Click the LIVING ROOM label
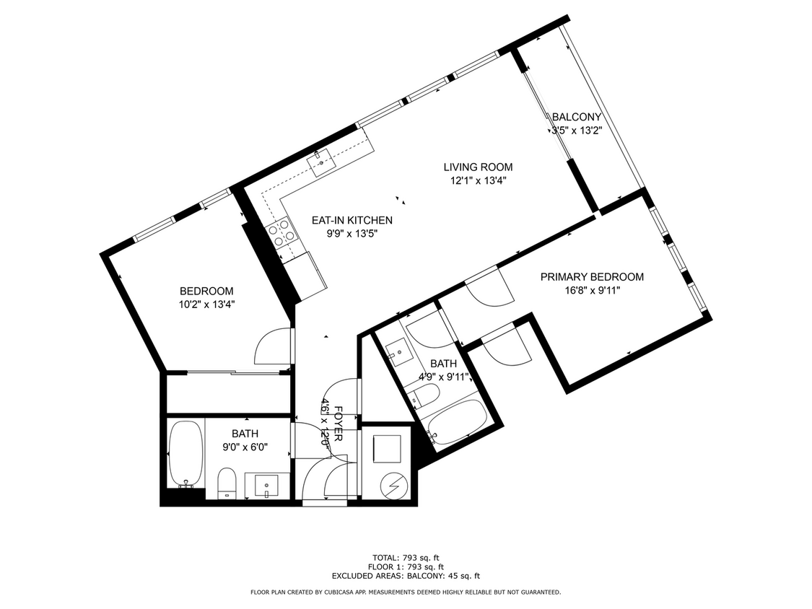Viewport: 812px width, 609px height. click(x=478, y=167)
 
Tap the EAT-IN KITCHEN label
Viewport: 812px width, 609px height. click(x=352, y=220)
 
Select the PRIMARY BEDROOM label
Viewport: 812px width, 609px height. click(x=592, y=277)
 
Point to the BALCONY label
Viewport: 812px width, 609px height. click(x=576, y=117)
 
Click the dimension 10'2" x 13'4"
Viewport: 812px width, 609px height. click(x=207, y=304)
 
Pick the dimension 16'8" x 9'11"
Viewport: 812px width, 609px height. click(x=592, y=290)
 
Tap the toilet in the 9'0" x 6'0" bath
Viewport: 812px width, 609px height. click(x=227, y=482)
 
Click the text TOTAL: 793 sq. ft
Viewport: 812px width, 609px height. click(x=406, y=558)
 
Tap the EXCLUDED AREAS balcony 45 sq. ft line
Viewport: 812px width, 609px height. click(x=406, y=576)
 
